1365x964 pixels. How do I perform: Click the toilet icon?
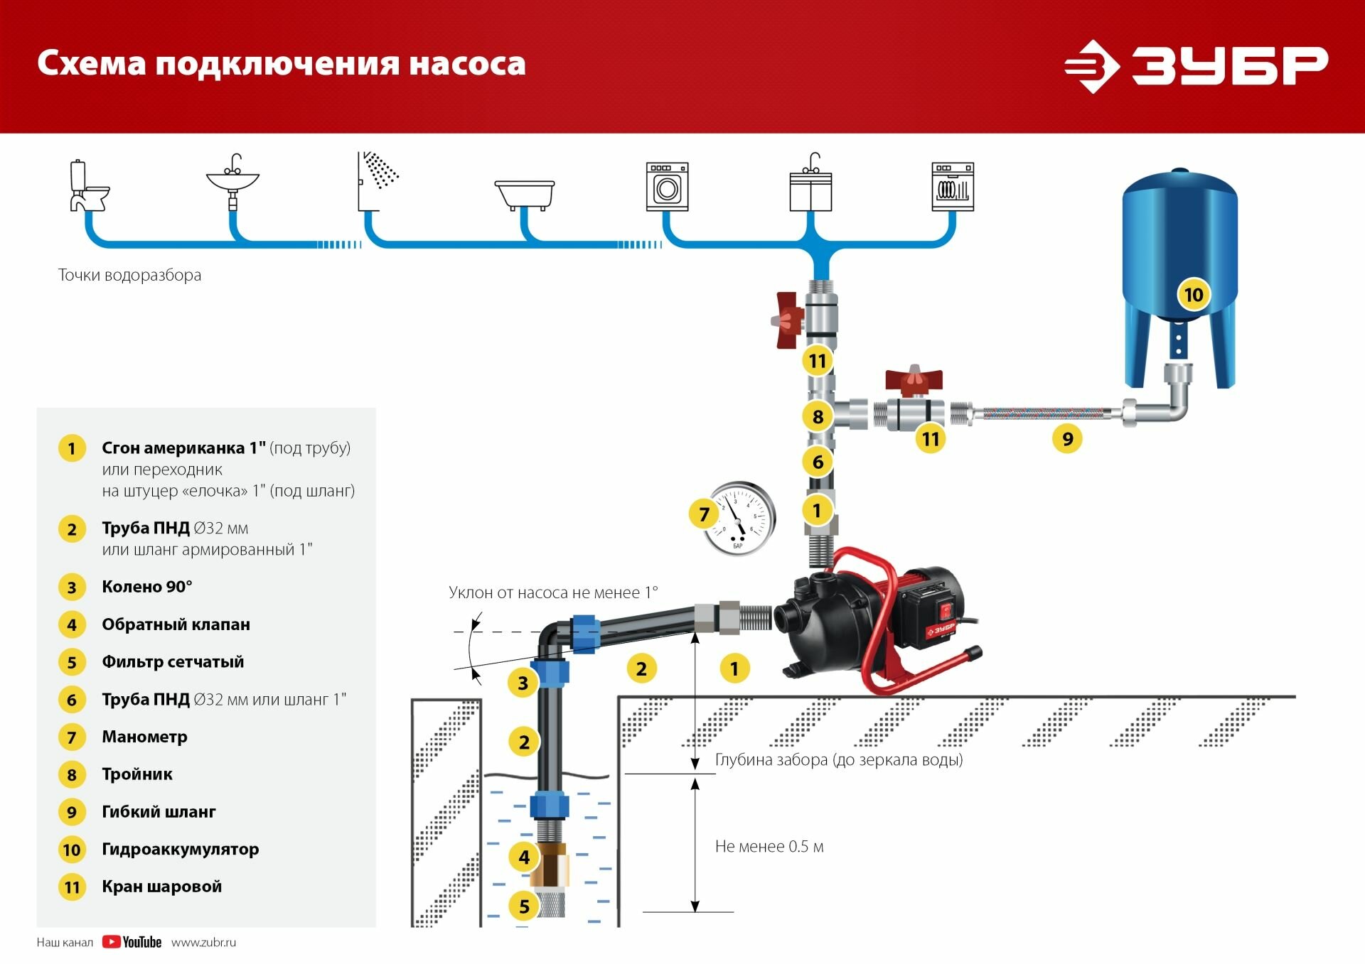tap(87, 186)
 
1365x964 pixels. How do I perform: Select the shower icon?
tap(379, 180)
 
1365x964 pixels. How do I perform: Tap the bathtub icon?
tap(524, 194)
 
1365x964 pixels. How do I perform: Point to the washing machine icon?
tap(667, 187)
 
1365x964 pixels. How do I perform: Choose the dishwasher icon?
tap(953, 187)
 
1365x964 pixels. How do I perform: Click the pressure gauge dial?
tap(740, 519)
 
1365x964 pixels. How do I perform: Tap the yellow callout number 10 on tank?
tap(1193, 294)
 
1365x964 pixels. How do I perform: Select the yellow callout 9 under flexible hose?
tap(1067, 438)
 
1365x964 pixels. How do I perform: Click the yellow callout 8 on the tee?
tap(818, 416)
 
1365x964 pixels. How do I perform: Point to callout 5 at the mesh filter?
tap(524, 906)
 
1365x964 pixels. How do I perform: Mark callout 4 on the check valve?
tap(524, 857)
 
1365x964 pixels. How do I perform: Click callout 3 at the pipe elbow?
tap(523, 683)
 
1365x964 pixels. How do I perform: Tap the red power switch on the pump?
tap(946, 610)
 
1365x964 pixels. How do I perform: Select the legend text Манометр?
tap(144, 737)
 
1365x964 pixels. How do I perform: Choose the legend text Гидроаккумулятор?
tap(180, 849)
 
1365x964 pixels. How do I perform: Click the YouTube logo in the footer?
tap(132, 942)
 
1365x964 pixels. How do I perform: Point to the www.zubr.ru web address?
tap(203, 942)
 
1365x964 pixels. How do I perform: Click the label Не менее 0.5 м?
tap(769, 846)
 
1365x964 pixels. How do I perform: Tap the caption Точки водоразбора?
tap(129, 275)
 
